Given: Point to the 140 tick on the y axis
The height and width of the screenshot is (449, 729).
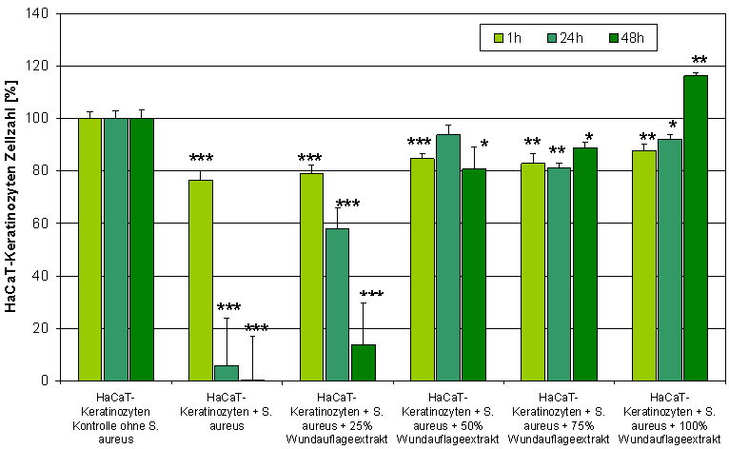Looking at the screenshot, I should [x=39, y=14].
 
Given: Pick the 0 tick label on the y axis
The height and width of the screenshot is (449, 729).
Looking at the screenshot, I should [x=46, y=381].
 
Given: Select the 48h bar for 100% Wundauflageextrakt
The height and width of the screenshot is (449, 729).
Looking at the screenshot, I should [x=696, y=228].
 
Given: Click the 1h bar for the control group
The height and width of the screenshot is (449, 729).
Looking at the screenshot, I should [x=90, y=249].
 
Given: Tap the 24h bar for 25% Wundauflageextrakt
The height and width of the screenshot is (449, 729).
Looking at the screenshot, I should [x=337, y=304].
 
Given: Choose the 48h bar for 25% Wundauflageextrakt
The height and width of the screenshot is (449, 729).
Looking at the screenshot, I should [x=364, y=362].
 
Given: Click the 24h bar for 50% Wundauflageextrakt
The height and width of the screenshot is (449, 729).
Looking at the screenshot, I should [x=448, y=257].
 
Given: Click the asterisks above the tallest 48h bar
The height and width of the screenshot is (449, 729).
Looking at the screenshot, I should [x=699, y=60].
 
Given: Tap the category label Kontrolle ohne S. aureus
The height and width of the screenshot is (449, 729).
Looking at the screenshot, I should [x=114, y=418].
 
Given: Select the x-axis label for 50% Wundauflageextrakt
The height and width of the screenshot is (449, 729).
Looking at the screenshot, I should [x=447, y=418].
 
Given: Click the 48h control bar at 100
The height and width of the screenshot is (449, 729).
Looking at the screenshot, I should [x=142, y=249].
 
